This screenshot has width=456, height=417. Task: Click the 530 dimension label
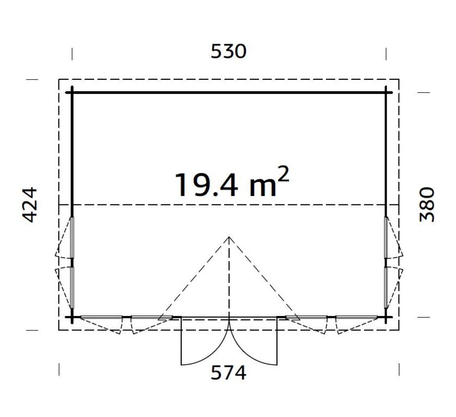228,51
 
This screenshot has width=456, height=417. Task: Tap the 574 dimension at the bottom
228,373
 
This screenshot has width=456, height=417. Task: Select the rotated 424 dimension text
30,204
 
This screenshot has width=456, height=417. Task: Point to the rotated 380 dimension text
427,204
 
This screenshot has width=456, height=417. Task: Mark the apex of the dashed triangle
229,237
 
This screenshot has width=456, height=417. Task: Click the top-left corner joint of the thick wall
72,92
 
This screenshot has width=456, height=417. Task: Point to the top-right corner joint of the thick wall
387,92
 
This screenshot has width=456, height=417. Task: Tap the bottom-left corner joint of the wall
72,316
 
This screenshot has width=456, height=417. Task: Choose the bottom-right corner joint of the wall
387,316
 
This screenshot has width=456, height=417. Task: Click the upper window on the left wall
73,237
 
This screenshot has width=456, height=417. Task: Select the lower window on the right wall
386,287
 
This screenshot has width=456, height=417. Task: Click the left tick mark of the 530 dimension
72,54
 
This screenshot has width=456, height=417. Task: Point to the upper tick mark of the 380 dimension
423,92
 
